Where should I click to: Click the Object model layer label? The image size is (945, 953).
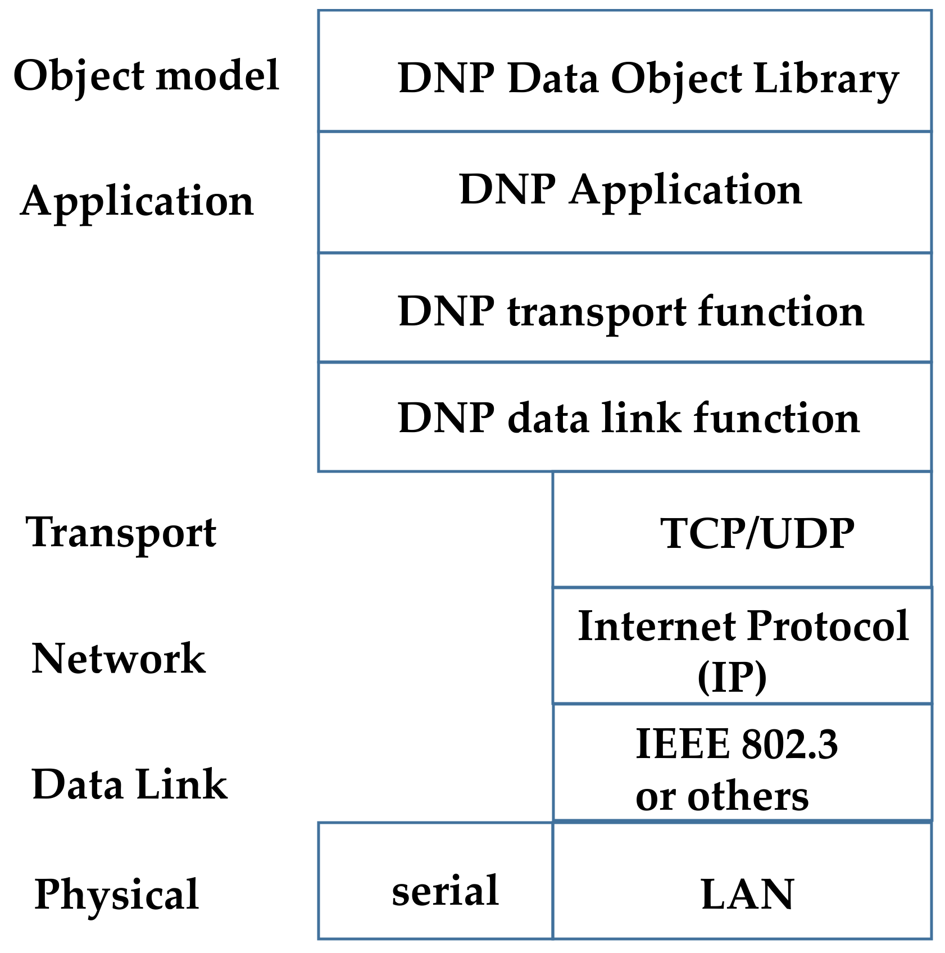(146, 76)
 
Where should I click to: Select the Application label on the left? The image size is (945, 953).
(137, 201)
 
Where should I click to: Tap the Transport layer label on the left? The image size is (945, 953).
(121, 532)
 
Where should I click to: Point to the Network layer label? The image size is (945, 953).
(119, 658)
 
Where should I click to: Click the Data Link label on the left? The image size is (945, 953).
(130, 784)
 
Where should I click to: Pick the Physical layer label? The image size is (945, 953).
(116, 894)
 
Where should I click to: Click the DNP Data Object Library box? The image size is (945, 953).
(624, 71)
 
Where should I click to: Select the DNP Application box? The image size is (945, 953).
(624, 192)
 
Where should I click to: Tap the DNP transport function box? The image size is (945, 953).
(624, 308)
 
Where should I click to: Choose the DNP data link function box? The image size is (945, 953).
(624, 417)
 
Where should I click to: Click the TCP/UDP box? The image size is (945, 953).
(742, 530)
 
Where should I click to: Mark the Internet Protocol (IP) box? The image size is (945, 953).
(742, 646)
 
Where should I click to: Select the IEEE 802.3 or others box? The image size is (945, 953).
(742, 763)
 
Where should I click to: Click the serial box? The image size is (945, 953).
(435, 881)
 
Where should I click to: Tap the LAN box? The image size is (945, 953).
(742, 881)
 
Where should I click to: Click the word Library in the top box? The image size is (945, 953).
(826, 79)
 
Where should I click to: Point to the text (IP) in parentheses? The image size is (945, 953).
(732, 677)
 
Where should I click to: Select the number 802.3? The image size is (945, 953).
(789, 744)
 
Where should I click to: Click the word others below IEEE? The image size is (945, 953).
(748, 796)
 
